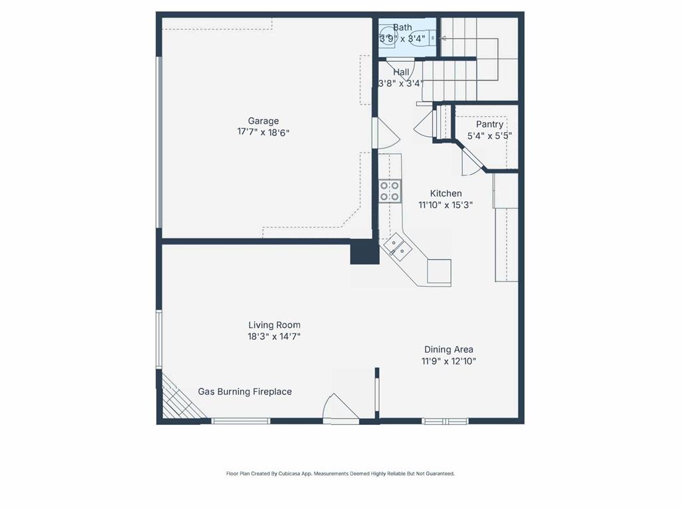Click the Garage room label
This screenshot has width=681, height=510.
(263, 121)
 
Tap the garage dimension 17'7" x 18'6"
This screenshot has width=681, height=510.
(263, 132)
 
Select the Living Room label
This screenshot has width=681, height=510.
(274, 325)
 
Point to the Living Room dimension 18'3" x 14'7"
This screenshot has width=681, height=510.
(274, 336)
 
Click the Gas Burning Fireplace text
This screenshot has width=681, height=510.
(245, 392)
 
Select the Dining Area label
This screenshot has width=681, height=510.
(449, 349)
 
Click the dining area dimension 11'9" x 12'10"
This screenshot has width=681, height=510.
(449, 361)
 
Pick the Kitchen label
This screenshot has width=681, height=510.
(446, 193)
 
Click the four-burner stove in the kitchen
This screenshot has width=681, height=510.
(390, 191)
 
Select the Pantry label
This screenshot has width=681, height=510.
(489, 124)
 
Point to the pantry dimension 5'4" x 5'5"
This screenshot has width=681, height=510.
(489, 136)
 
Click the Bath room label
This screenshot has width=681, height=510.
(402, 27)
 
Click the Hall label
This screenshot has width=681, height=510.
(401, 72)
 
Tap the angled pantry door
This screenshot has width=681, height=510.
(472, 161)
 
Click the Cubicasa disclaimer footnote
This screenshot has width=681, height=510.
(340, 473)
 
